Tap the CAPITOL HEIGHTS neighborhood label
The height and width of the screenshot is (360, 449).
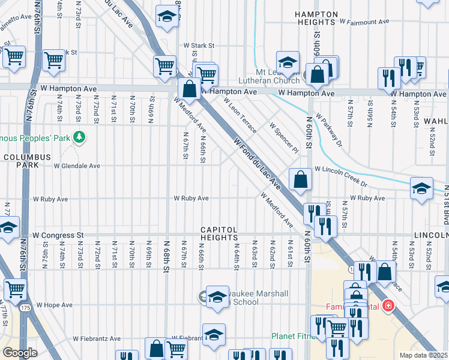[x=219, y=234]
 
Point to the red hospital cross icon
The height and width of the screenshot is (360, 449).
[x=389, y=307]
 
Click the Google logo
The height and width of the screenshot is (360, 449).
[x=20, y=353]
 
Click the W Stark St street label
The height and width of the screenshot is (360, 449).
[x=199, y=45]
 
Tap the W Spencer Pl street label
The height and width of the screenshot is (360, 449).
[x=284, y=137]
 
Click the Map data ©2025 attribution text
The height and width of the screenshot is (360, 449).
[x=424, y=355]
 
